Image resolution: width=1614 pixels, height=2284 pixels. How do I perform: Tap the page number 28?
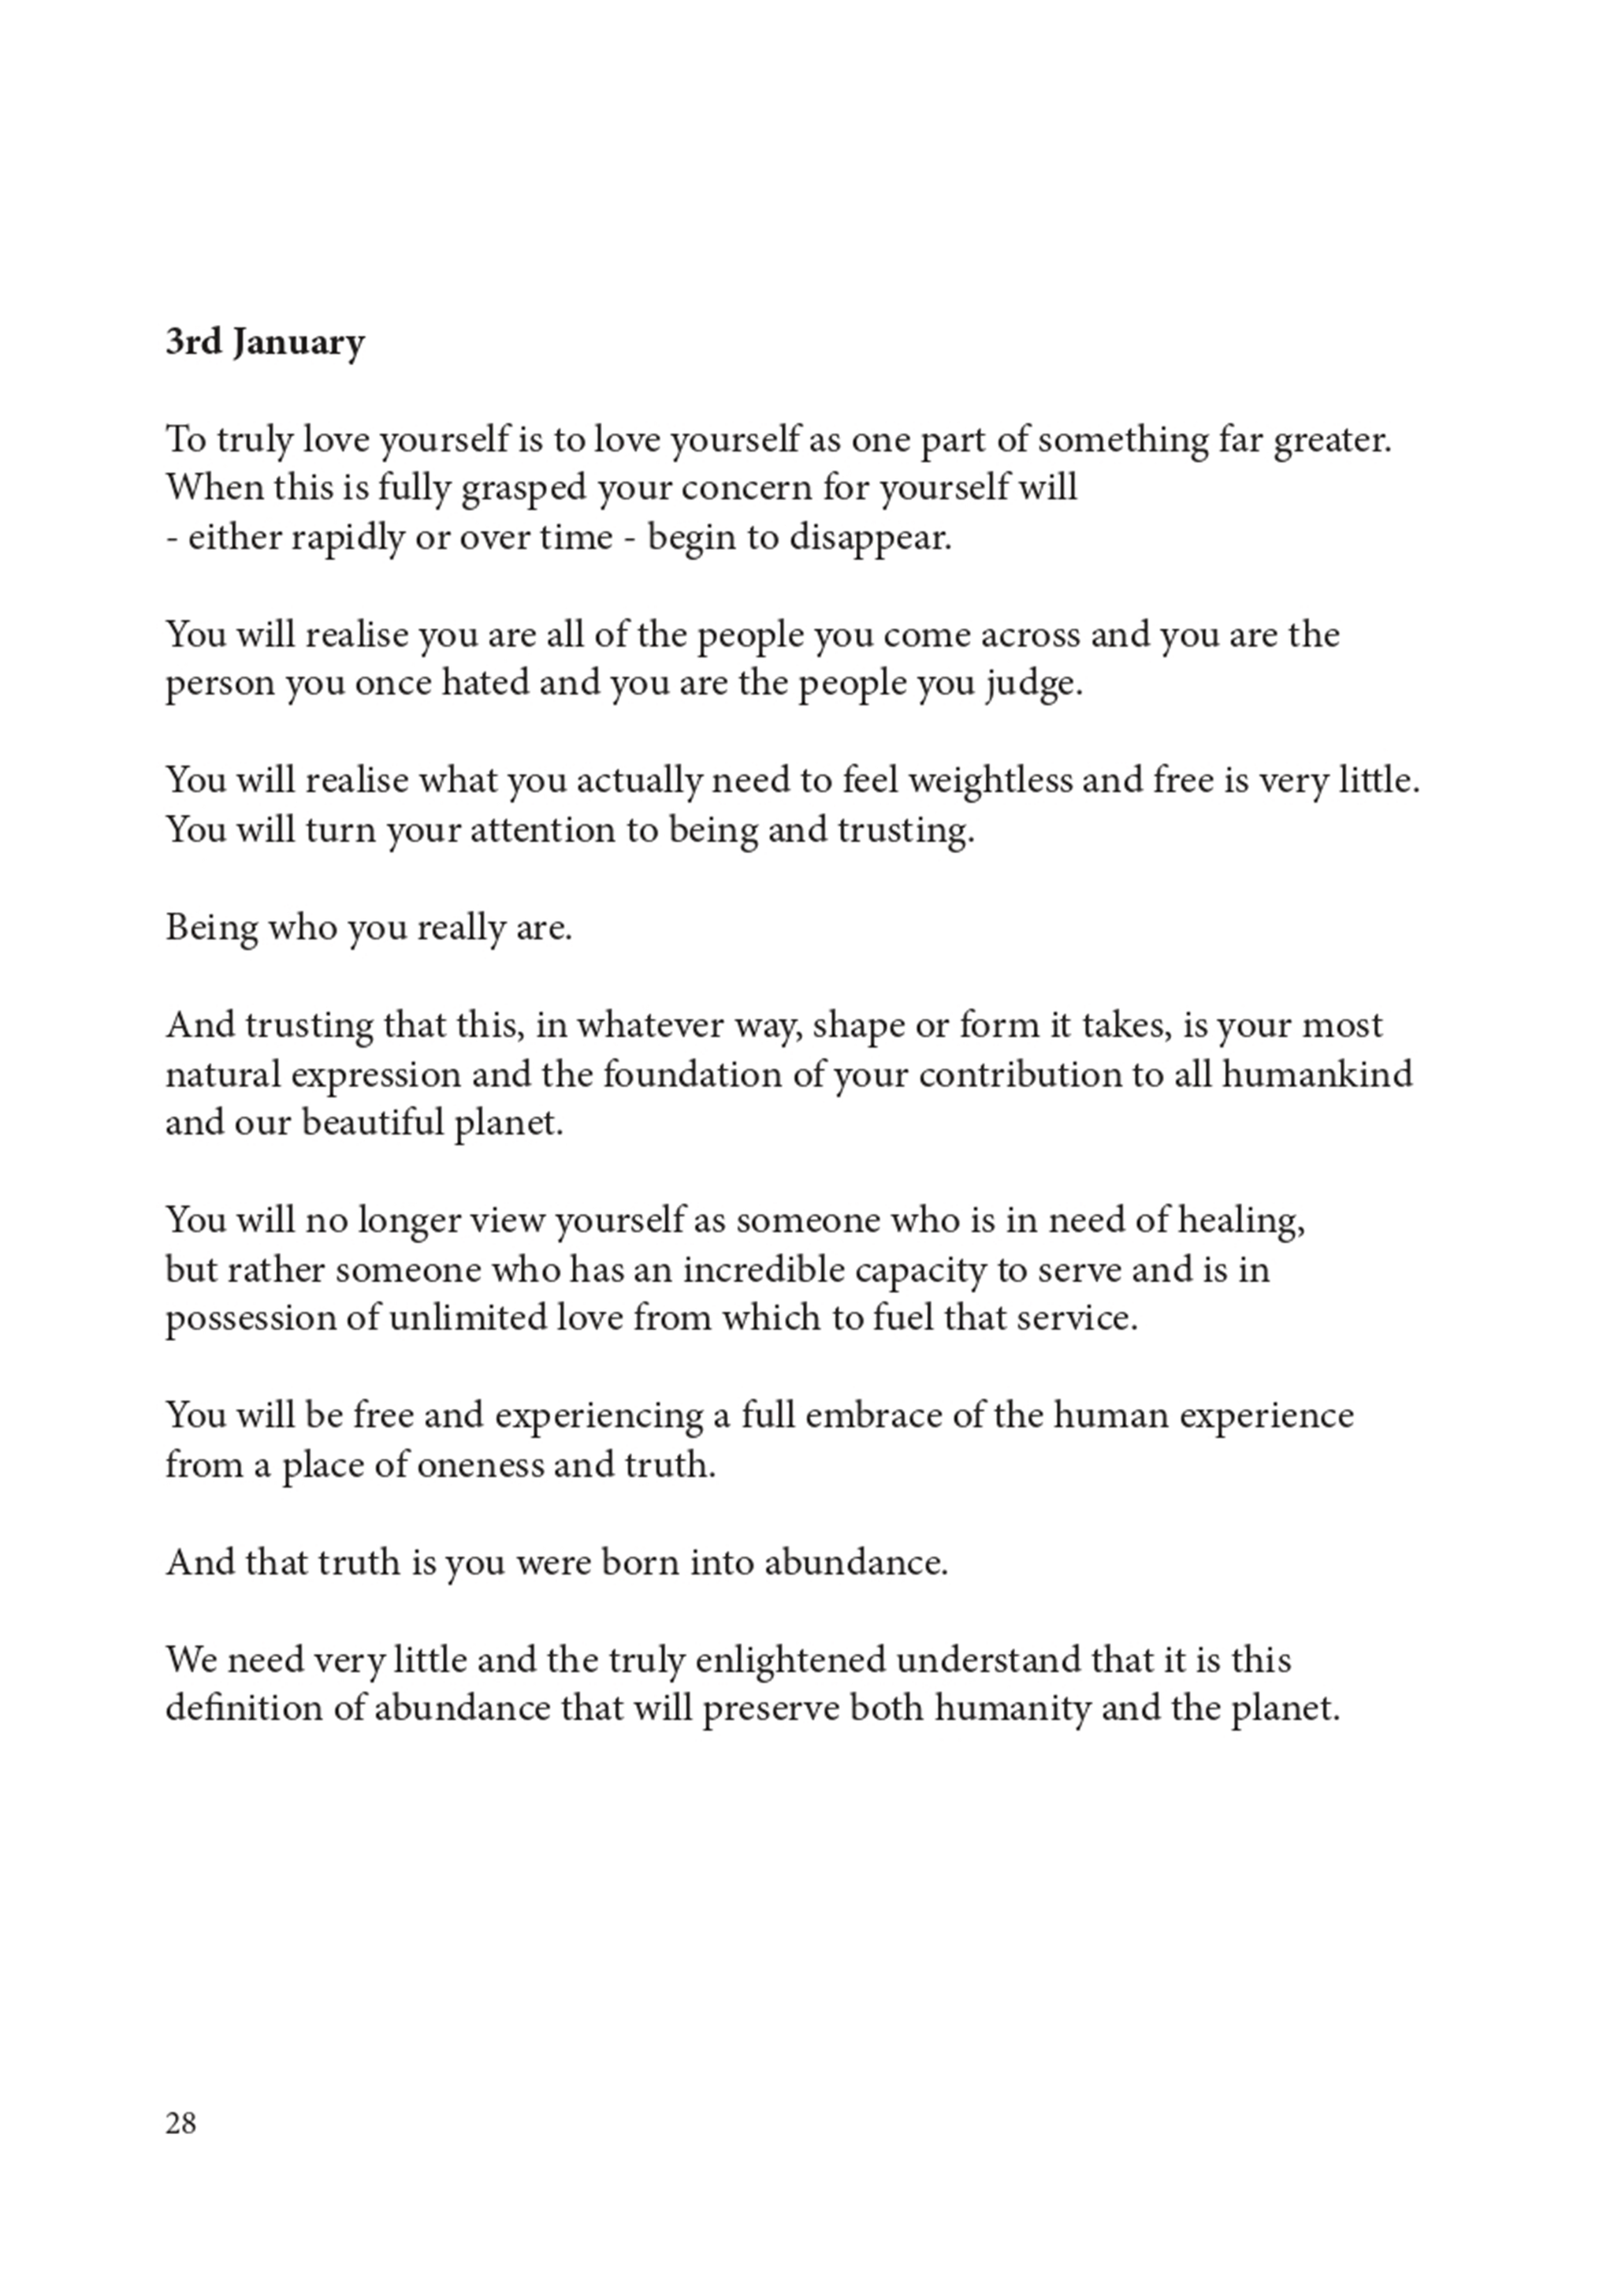[181, 2124]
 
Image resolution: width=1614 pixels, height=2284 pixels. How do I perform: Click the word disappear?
[870, 538]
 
